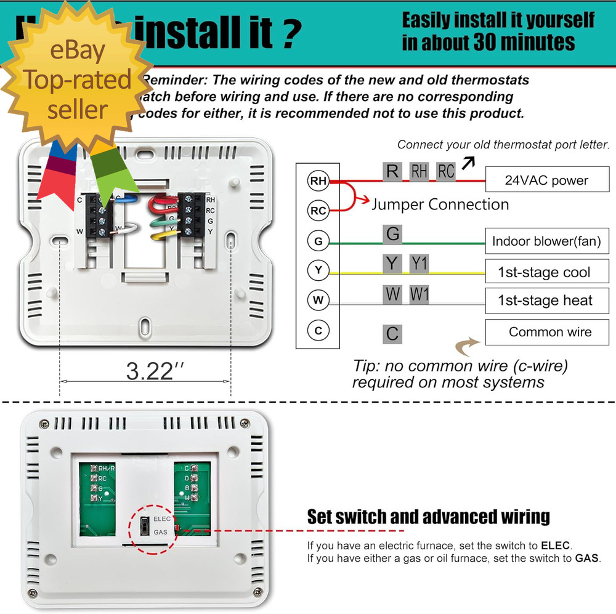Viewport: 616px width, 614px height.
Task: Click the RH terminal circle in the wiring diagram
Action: pyautogui.click(x=318, y=180)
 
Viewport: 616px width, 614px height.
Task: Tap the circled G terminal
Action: pyautogui.click(x=318, y=241)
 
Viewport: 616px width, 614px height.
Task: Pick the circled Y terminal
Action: pyautogui.click(x=318, y=270)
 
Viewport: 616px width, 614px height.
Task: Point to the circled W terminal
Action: pyautogui.click(x=318, y=301)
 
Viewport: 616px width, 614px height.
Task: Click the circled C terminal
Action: pyautogui.click(x=318, y=331)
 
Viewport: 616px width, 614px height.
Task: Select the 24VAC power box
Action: pyautogui.click(x=546, y=180)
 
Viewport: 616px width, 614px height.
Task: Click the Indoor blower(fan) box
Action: pyautogui.click(x=546, y=241)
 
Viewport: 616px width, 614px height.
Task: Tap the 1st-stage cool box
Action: pyautogui.click(x=546, y=272)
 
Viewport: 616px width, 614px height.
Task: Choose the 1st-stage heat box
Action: pyautogui.click(x=546, y=301)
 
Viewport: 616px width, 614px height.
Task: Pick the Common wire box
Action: pyautogui.click(x=546, y=332)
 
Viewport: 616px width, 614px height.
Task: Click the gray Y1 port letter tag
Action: pyautogui.click(x=419, y=264)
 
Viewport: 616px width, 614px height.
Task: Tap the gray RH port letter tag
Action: pyautogui.click(x=419, y=171)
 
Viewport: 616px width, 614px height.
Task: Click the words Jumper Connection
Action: pyautogui.click(x=440, y=204)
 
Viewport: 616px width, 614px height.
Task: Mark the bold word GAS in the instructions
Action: pyautogui.click(x=586, y=559)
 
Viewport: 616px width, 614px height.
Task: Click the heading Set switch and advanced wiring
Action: pyautogui.click(x=428, y=516)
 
